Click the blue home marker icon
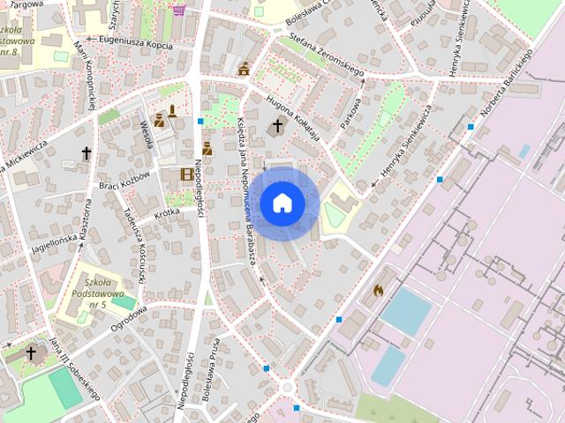pos(282,203)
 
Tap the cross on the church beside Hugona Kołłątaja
pos(277,126)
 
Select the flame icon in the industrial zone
pos(379,289)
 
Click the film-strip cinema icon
pos(187,174)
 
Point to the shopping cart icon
pos(179,11)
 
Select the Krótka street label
pos(166,213)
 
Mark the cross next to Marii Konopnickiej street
pos(87,154)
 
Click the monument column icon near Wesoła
pos(173,111)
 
